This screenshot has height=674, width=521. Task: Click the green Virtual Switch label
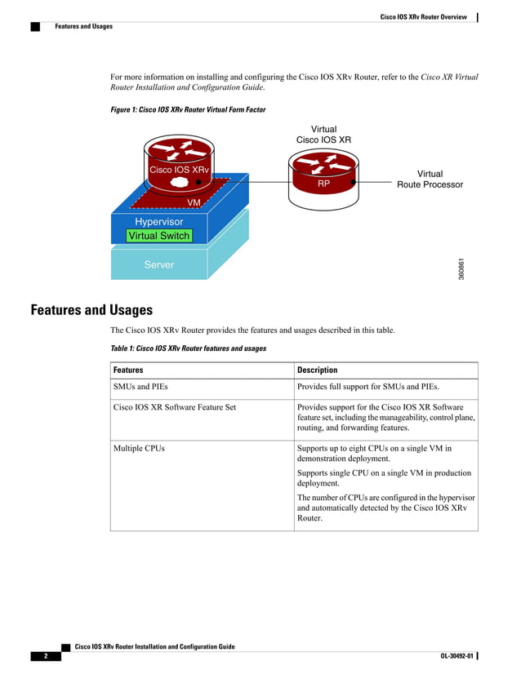pos(158,236)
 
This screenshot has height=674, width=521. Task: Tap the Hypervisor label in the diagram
pos(158,221)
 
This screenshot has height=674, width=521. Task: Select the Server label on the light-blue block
pos(158,264)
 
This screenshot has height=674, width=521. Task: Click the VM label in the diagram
pos(194,202)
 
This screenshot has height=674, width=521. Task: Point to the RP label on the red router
pos(323,185)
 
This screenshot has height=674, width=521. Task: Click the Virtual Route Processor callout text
pos(430,180)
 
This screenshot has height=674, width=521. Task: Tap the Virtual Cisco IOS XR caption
pos(323,135)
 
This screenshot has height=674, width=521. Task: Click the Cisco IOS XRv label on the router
pos(179,171)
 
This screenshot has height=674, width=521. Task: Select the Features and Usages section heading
pos(91,310)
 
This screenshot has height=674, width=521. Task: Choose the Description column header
pos(318,370)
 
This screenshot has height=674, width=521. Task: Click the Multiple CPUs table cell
pos(139,448)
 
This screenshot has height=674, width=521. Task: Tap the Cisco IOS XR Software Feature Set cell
pos(175,406)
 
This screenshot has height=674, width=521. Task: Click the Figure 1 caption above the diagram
pos(188,109)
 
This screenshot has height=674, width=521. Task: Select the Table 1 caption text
pos(188,348)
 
